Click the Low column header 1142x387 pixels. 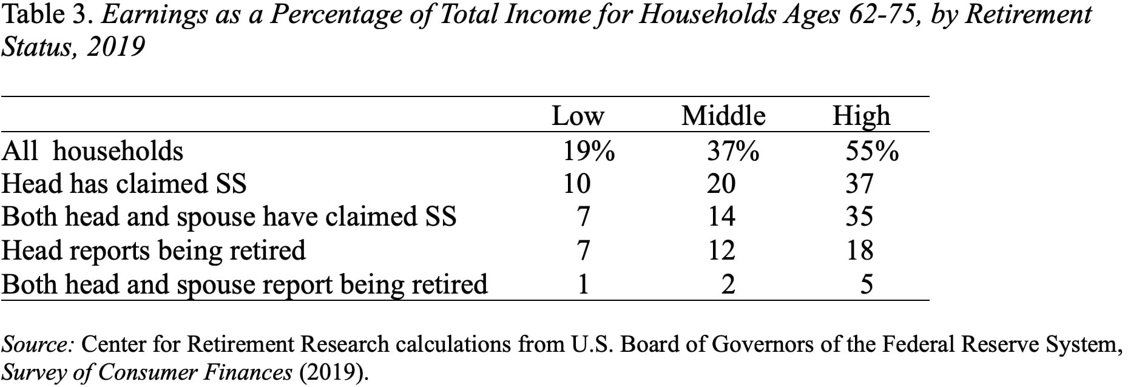click(578, 116)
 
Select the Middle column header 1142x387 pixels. click(723, 116)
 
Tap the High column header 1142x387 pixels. click(860, 116)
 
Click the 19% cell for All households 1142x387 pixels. click(588, 151)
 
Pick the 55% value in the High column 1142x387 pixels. click(872, 151)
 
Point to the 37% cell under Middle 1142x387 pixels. click(732, 151)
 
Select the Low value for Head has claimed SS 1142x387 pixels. click(576, 184)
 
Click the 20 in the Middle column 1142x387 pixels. click(721, 184)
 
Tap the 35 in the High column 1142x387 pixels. click(859, 217)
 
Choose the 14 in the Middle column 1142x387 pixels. click(721, 217)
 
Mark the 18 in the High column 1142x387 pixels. click(859, 250)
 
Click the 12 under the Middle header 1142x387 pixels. click(721, 250)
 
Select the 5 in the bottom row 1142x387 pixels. click(867, 284)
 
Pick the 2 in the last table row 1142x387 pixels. click(728, 284)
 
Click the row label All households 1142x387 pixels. click(92, 151)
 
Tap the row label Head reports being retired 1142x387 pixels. click(154, 250)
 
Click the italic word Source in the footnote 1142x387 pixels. click(38, 345)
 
